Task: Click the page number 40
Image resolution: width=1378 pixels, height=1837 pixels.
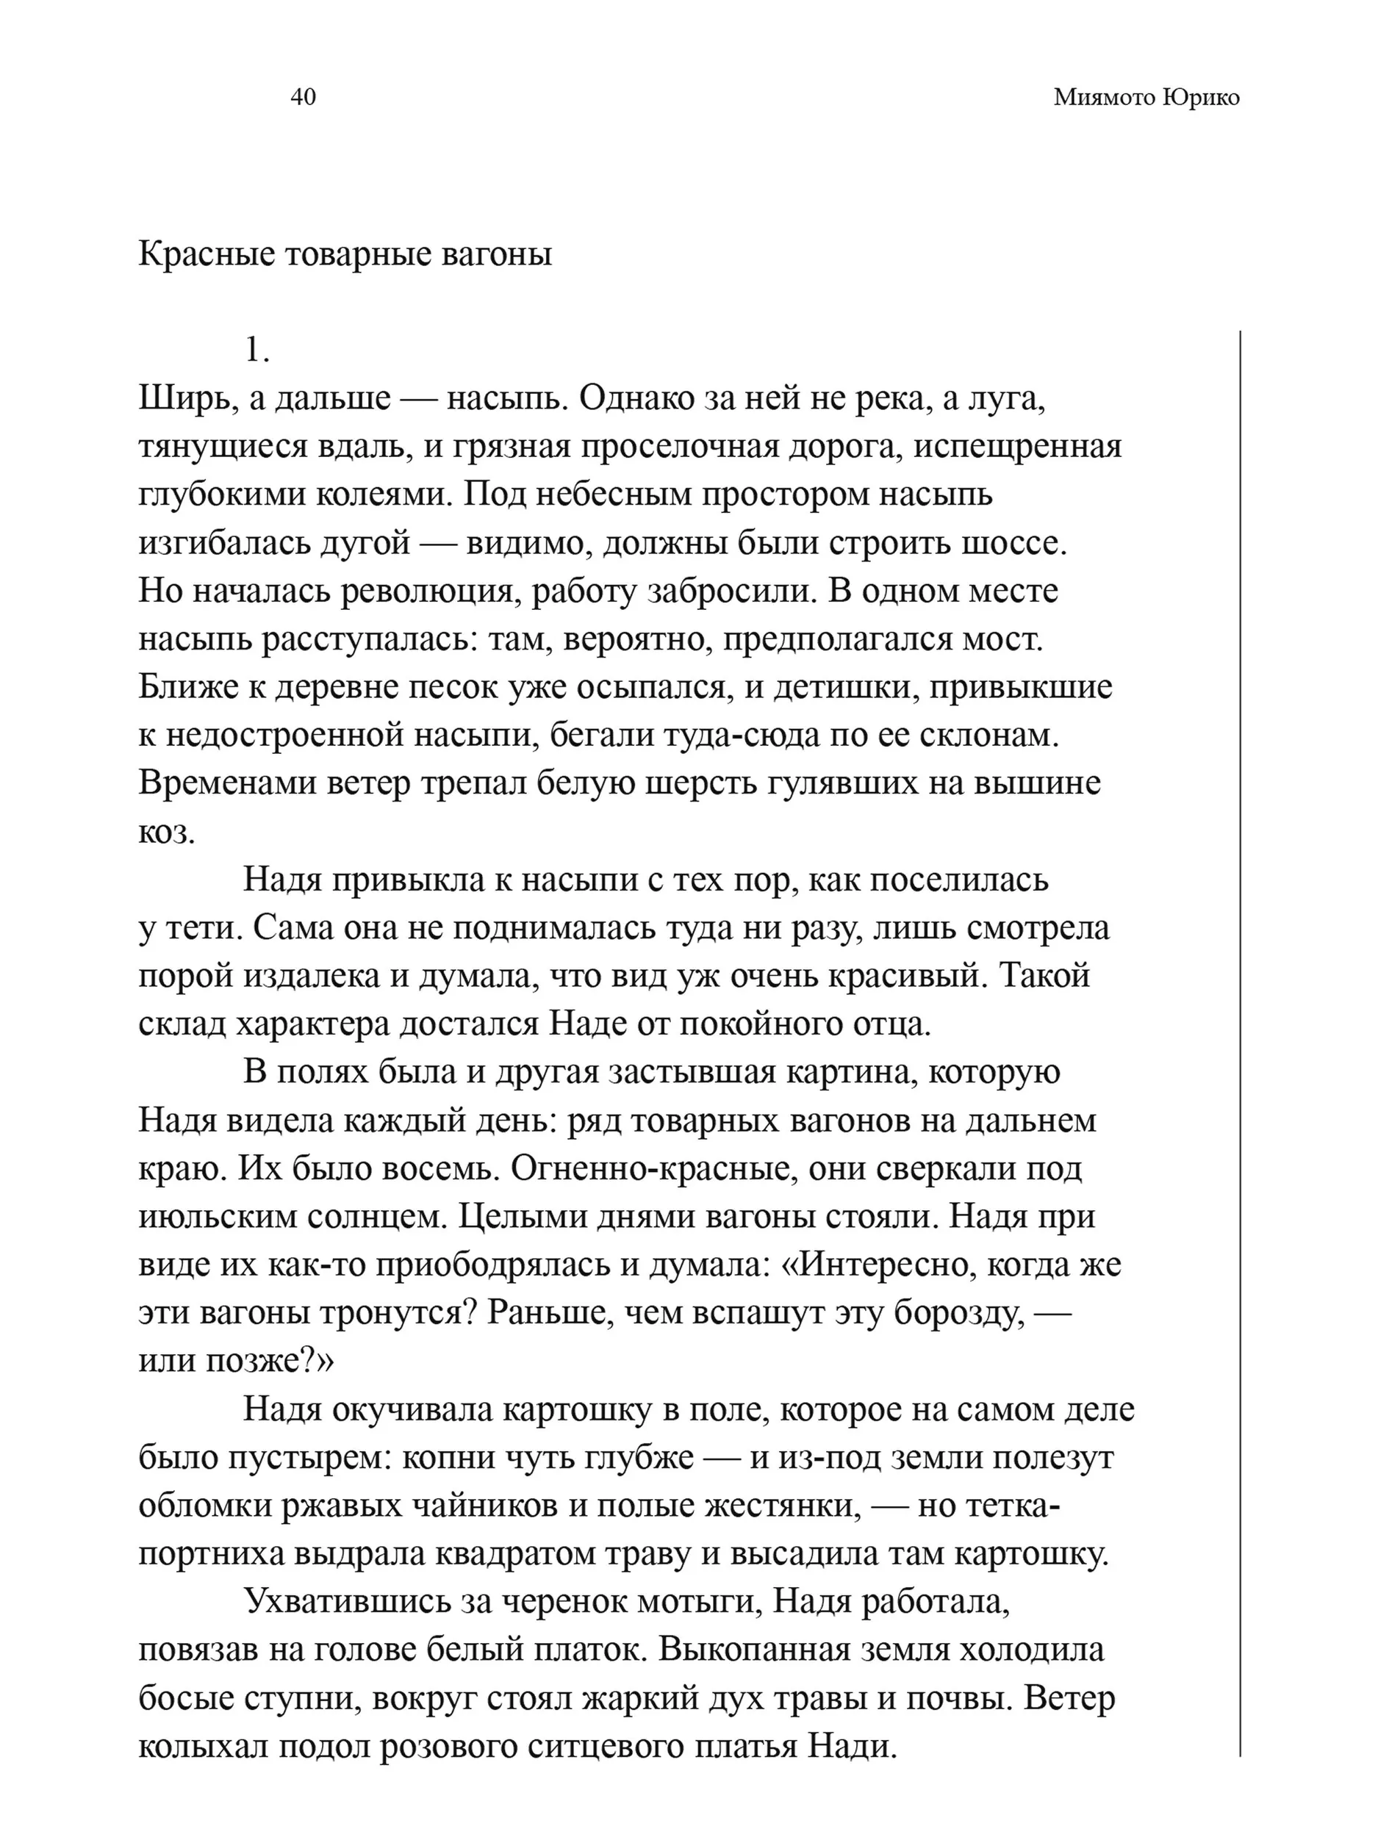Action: click(302, 97)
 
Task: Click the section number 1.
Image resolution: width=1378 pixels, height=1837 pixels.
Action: click(256, 351)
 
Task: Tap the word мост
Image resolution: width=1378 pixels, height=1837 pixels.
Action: click(1006, 639)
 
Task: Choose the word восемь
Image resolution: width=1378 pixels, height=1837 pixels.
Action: click(445, 1168)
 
